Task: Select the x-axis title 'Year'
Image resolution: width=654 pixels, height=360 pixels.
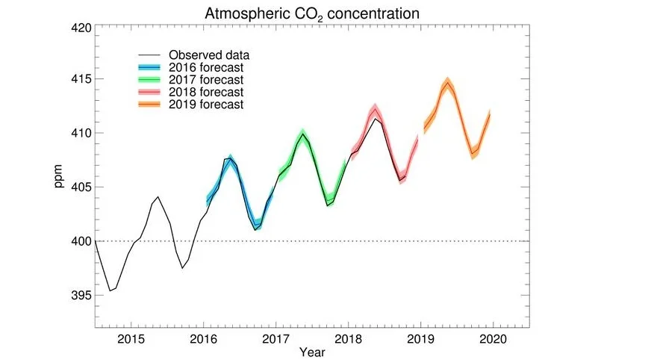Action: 311,350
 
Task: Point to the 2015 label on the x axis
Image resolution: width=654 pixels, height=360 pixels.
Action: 131,337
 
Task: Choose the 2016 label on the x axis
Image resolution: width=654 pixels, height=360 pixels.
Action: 203,337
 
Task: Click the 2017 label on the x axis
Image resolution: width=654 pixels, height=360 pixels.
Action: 275,337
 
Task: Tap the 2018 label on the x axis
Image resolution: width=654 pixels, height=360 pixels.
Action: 348,337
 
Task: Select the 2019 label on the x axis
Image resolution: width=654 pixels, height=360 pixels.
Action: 420,337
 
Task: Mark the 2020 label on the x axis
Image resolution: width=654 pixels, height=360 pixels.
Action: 493,337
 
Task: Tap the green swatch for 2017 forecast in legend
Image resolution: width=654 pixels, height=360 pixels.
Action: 151,80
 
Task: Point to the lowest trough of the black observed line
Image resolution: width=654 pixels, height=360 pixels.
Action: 110,291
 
